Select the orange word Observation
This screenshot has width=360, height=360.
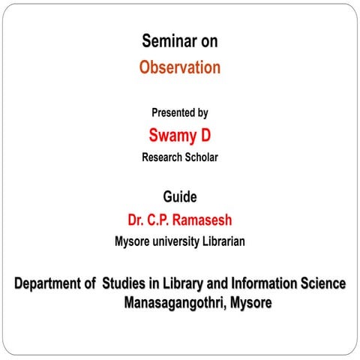[180, 67]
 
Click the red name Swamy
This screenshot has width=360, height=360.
[169, 135]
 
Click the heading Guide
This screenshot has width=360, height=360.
[180, 197]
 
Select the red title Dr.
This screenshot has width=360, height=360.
[137, 220]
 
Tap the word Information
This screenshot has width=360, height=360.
[270, 284]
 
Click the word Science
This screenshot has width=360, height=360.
[322, 284]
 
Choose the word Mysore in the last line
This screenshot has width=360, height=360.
[251, 304]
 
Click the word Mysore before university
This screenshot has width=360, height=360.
[131, 242]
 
